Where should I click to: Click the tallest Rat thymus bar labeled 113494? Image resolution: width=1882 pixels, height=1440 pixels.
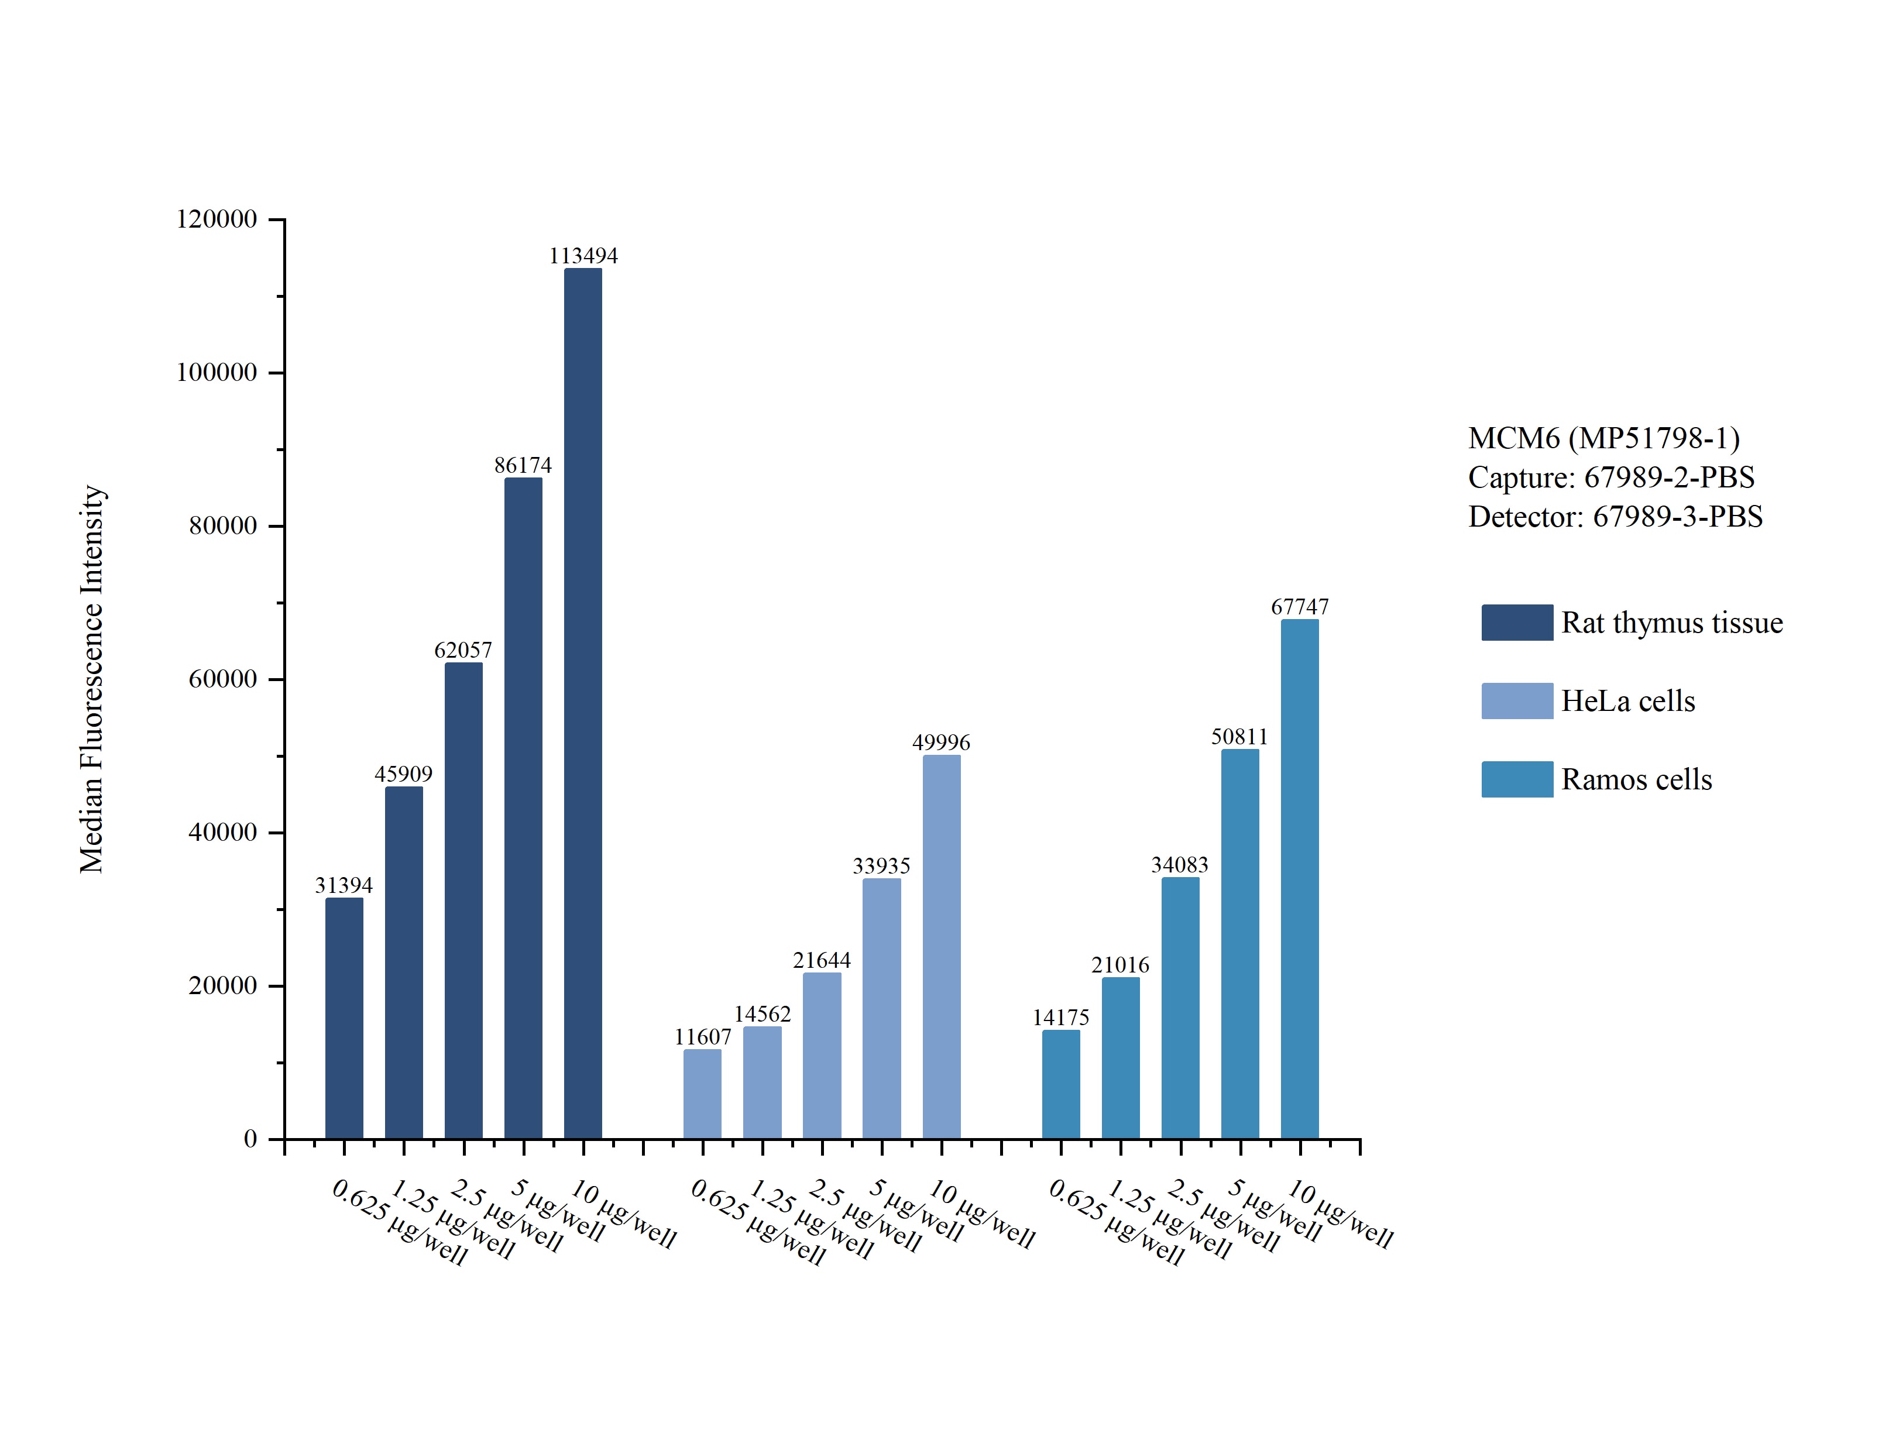(x=583, y=704)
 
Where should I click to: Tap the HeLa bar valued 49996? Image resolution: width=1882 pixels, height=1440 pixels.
(x=941, y=947)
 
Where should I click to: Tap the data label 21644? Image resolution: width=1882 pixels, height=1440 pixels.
(x=821, y=960)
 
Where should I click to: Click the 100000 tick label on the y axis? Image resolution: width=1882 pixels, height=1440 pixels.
(x=217, y=372)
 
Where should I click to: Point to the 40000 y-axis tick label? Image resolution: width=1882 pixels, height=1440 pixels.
(x=223, y=831)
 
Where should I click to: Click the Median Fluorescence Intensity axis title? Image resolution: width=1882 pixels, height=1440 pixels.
(x=92, y=679)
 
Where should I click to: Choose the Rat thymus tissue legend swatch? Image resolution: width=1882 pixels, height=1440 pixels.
(x=1517, y=623)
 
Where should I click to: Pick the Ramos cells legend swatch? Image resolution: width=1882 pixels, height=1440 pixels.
(x=1517, y=779)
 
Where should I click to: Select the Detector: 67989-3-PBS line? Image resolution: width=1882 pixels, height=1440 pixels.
(x=1616, y=516)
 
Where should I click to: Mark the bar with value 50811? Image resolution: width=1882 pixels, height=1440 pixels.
(x=1239, y=944)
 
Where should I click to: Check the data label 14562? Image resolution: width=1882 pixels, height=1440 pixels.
(x=762, y=1014)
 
